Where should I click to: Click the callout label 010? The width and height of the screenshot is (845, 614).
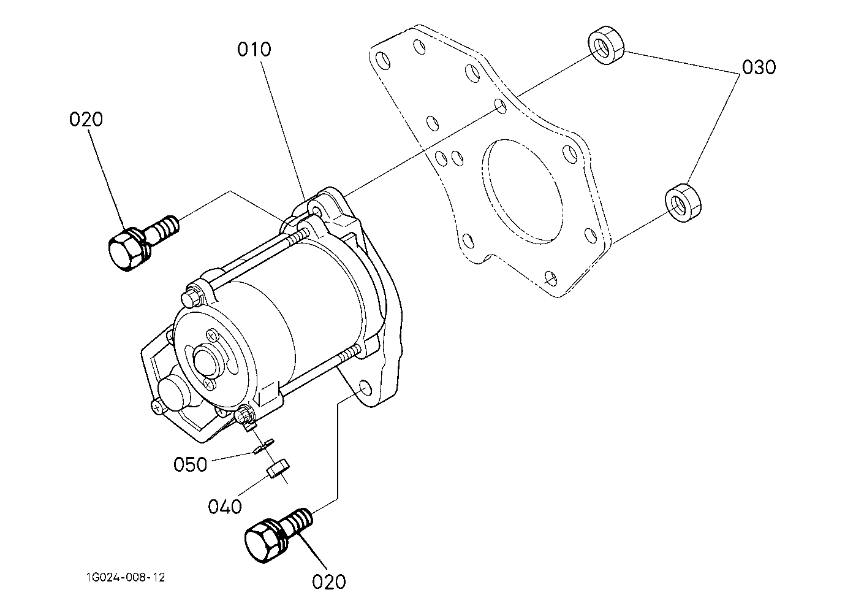coord(254,50)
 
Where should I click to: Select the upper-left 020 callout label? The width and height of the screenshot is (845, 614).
coord(86,120)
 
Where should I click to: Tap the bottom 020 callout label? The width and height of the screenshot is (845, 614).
coord(329,582)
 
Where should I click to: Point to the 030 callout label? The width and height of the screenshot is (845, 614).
coord(759,67)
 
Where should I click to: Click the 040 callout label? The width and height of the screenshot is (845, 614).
coord(225,507)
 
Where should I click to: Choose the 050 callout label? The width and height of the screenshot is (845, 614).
coord(191,464)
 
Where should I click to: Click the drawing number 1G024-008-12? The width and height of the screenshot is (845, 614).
coord(126,577)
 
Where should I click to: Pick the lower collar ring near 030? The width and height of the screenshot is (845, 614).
coord(683,203)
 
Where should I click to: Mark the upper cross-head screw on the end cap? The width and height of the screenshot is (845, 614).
coord(212,335)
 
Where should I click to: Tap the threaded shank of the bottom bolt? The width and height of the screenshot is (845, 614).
coord(298,521)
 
